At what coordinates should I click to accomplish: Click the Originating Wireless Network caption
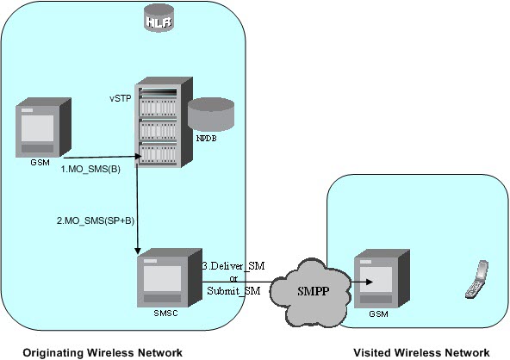(x=102, y=351)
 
